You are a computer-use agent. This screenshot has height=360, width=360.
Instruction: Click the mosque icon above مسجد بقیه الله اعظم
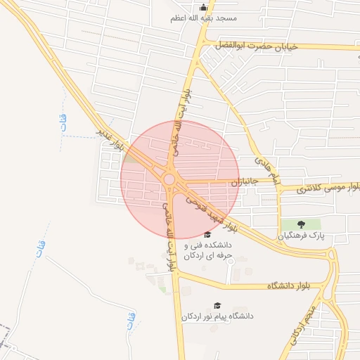[204, 7]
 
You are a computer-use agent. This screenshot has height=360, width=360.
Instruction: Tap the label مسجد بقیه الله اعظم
[204, 18]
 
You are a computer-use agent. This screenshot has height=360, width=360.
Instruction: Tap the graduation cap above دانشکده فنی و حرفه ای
[207, 234]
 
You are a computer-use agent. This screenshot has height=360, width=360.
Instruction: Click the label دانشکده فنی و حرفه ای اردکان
[207, 250]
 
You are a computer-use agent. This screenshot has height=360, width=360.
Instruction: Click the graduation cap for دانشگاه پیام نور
[217, 305]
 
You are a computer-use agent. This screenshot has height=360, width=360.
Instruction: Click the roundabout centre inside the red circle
[169, 179]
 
